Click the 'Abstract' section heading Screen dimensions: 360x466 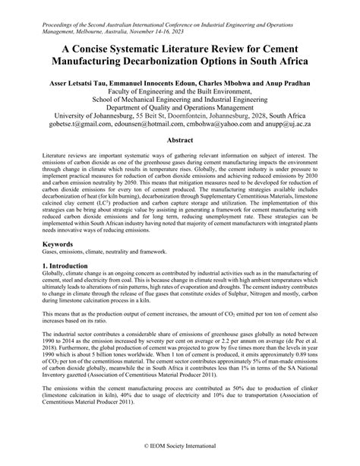pyautogui.click(x=179, y=141)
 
